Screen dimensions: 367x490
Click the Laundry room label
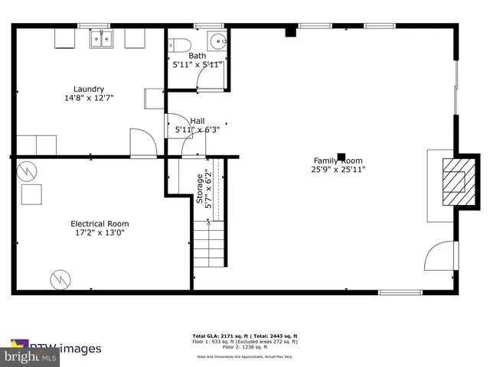pyautogui.click(x=89, y=89)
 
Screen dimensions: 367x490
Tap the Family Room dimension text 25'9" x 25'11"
pyautogui.click(x=339, y=169)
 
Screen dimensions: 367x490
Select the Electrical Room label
pyautogui.click(x=100, y=223)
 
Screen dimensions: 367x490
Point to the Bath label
pyautogui.click(x=198, y=56)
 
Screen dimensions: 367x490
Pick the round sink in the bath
pyautogui.click(x=217, y=41)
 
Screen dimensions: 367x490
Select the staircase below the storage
pyautogui.click(x=209, y=243)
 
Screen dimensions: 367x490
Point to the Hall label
pyautogui.click(x=198, y=121)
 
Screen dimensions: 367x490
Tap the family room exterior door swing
pyautogui.click(x=439, y=256)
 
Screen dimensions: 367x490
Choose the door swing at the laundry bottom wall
pyautogui.click(x=143, y=142)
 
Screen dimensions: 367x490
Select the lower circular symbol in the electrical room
pyautogui.click(x=59, y=280)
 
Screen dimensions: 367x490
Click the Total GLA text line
pyautogui.click(x=244, y=336)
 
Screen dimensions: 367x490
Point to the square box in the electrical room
pyautogui.click(x=31, y=195)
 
